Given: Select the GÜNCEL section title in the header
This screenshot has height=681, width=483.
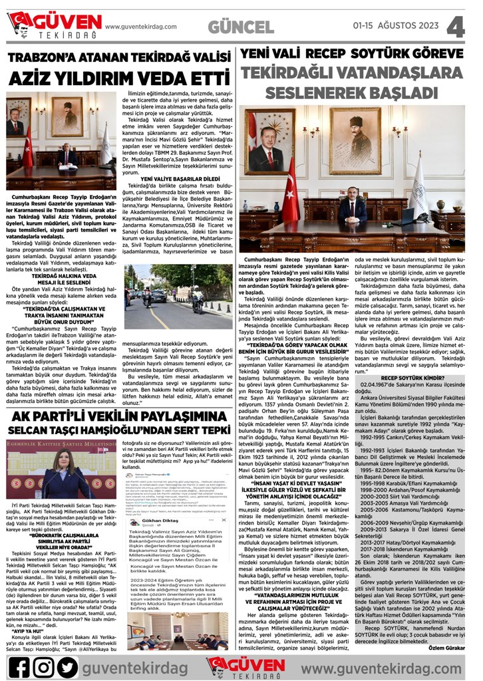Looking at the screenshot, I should [240, 26].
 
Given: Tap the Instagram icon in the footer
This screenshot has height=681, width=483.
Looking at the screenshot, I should [45, 665].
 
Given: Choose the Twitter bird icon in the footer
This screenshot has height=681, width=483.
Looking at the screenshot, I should [68, 665].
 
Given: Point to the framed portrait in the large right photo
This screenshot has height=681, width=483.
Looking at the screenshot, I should [269, 142].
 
